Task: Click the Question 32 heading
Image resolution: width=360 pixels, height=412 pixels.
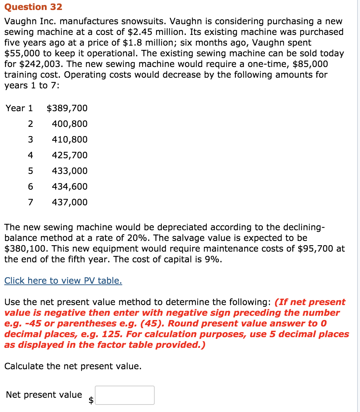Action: [x=33, y=7]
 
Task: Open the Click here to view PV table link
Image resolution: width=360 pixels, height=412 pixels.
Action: [x=63, y=280]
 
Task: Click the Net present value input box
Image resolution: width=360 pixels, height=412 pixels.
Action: [x=125, y=395]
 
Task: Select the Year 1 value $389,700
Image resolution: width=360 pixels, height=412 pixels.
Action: [x=67, y=108]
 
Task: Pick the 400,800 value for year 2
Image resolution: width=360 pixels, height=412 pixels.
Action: [x=70, y=124]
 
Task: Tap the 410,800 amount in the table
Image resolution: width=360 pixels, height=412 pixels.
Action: [x=70, y=140]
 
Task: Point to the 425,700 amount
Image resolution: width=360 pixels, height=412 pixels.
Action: [x=70, y=155]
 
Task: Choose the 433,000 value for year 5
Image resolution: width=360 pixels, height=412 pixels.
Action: [x=70, y=171]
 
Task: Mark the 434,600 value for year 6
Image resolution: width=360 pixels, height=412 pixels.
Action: [x=70, y=187]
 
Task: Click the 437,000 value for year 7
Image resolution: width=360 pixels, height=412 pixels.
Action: [x=70, y=202]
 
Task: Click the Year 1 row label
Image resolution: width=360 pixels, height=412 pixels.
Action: [x=19, y=108]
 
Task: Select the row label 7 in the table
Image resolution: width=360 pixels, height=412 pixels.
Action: [x=30, y=202]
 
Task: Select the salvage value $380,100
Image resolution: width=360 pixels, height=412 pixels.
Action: [x=24, y=248]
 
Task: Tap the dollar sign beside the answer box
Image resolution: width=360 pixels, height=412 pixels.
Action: [x=91, y=400]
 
